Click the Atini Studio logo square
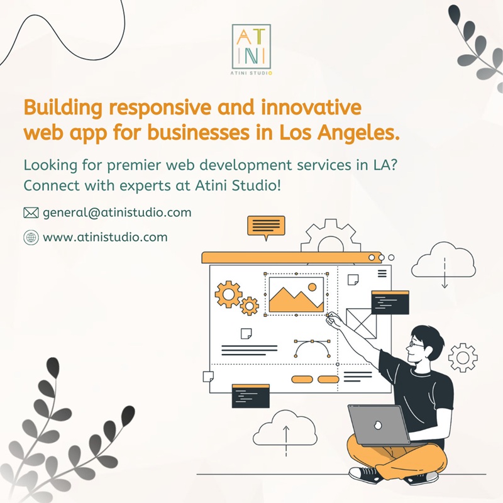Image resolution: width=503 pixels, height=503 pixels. pos(251,46)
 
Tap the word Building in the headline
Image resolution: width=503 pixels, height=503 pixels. pos(63,108)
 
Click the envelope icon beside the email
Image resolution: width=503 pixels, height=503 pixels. pos(31,213)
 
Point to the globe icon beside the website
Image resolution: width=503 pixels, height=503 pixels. pos(31,238)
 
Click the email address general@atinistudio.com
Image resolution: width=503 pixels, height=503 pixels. pos(117,213)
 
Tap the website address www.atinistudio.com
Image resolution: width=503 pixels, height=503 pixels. pos(105,238)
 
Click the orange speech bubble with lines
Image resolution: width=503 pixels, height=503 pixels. pos(266,227)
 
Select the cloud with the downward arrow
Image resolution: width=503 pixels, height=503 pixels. pos(444,262)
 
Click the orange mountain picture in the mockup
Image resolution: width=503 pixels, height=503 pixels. pos(296,294)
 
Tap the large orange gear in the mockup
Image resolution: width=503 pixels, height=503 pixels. pos(228,294)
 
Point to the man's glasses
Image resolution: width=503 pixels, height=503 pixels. pos(415,345)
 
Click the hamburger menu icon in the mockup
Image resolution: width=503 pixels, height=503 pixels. pos(382,274)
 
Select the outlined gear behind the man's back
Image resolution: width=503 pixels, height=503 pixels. pos(463,357)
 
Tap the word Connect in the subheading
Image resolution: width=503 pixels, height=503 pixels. pos(52,185)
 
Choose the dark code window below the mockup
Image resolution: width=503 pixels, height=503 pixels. pos(250,396)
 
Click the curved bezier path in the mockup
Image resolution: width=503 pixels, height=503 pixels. pos(312,342)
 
